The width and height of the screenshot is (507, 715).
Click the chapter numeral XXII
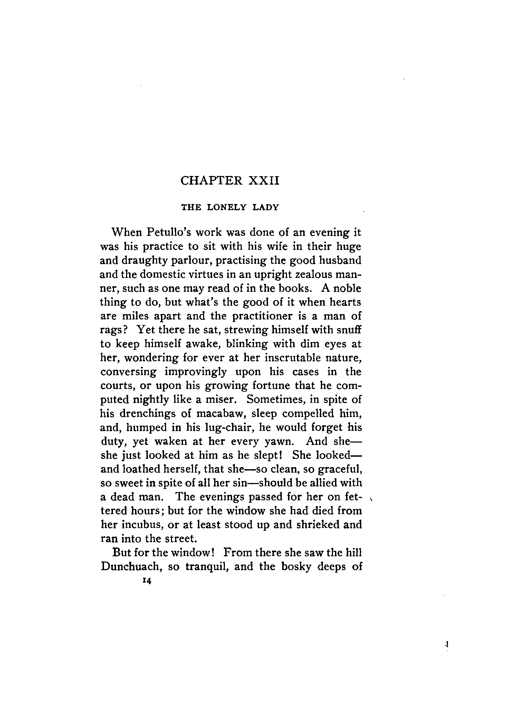(x=264, y=181)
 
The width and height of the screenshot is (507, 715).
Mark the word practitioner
(x=267, y=316)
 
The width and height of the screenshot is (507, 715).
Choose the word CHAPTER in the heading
(x=211, y=181)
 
